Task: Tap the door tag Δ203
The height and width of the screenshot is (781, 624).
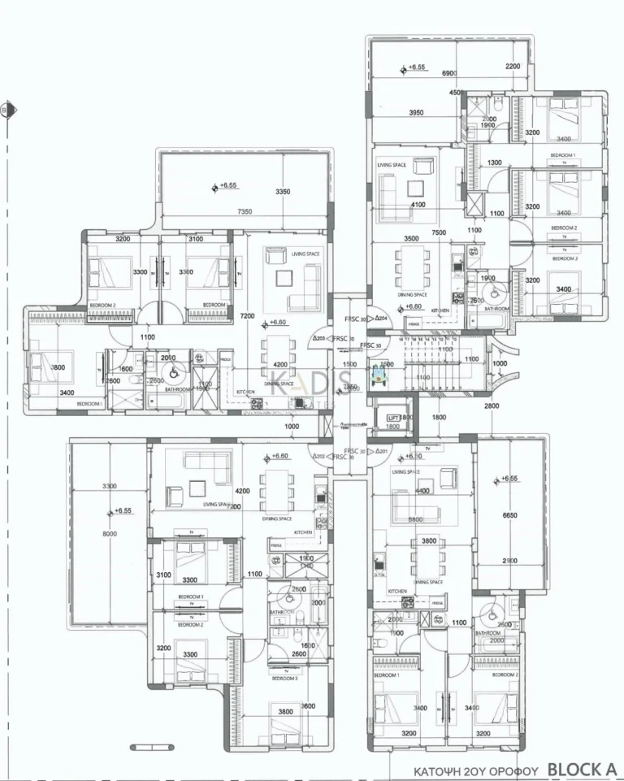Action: (318, 339)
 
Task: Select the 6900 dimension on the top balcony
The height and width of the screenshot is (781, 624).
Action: (450, 74)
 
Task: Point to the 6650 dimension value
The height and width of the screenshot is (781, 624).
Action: (510, 515)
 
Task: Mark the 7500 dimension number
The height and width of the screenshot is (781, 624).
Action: (439, 232)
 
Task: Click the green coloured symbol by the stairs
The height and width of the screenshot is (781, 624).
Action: (378, 376)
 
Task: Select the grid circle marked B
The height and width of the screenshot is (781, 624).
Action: (5, 111)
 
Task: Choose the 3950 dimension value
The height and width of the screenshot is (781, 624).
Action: (417, 112)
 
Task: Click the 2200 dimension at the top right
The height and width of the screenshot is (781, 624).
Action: (513, 67)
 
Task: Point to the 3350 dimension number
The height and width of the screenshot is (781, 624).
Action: (283, 192)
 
